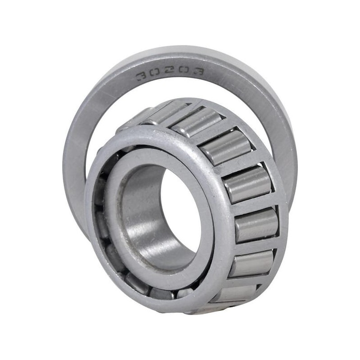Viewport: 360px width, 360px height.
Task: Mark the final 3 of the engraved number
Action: [198, 72]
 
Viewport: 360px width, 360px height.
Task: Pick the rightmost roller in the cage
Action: [257, 225]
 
